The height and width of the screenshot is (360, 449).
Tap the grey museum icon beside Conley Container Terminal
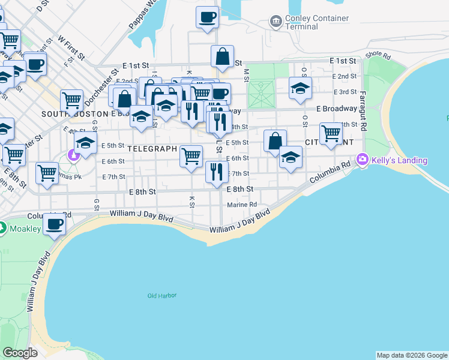(276, 22)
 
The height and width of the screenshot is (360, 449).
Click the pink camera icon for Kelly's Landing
(362, 160)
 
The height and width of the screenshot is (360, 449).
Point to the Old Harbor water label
(161, 295)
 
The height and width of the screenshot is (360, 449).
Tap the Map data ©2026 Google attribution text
(412, 355)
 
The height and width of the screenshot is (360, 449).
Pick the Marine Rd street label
(241, 205)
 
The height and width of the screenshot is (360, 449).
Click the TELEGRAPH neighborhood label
(152, 149)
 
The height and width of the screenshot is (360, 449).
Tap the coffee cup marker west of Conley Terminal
(208, 17)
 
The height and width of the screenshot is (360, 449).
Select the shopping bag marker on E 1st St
(222, 57)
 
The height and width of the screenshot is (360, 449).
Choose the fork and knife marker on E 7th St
(217, 172)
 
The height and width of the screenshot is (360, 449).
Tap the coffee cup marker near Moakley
(55, 224)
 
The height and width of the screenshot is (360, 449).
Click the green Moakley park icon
(2, 229)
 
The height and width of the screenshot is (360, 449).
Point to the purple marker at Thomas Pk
(73, 156)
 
